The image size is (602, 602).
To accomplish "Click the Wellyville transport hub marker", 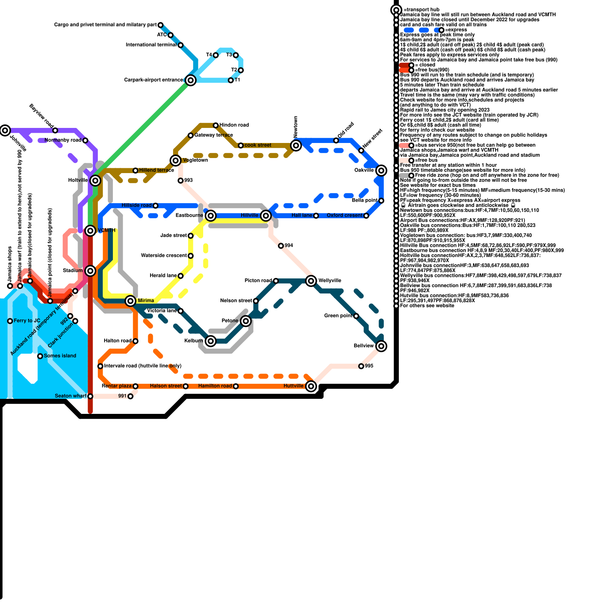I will pyautogui.click(x=311, y=281).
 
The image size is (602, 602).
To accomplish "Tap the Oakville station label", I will pyautogui.click(x=364, y=170).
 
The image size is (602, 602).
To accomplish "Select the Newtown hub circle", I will pyautogui.click(x=296, y=145).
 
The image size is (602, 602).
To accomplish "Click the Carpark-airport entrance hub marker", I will pyautogui.click(x=191, y=80).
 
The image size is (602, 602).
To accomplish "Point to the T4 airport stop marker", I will pyautogui.click(x=216, y=55).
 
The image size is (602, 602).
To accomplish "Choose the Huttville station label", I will pyautogui.click(x=293, y=386).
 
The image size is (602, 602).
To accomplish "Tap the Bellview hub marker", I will pyautogui.click(x=381, y=346).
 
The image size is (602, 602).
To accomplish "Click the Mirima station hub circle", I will pyautogui.click(x=131, y=301).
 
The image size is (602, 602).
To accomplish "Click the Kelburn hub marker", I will pyautogui.click(x=211, y=341).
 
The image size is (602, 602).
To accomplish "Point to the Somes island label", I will pyautogui.click(x=60, y=356).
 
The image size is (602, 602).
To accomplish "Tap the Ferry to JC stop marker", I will pyautogui.click(x=10, y=321).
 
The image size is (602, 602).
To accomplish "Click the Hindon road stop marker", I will pyautogui.click(x=216, y=125).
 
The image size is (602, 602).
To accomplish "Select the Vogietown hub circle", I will pyautogui.click(x=175, y=160).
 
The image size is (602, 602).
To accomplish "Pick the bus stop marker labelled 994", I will pyautogui.click(x=281, y=246).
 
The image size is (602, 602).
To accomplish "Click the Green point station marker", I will pyautogui.click(x=356, y=316).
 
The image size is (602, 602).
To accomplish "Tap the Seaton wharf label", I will pyautogui.click(x=71, y=396).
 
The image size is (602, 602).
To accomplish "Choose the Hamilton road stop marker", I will pyautogui.click(x=236, y=386).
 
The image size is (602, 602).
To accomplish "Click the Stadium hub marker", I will pyautogui.click(x=90, y=271).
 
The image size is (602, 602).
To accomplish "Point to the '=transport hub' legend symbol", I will pyautogui.click(x=396, y=10).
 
